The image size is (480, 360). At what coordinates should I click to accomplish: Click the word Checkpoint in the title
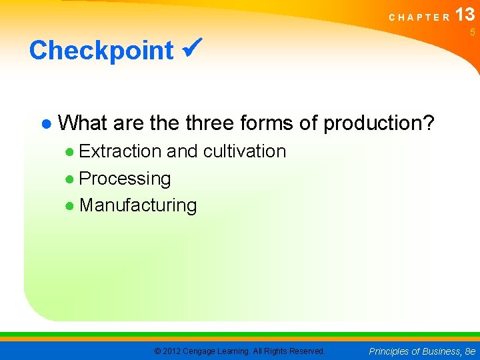101,51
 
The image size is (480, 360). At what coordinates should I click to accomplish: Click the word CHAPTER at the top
419,17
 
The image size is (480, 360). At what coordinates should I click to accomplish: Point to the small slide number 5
472,33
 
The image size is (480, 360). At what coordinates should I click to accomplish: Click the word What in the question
83,123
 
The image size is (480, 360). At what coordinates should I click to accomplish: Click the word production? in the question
379,123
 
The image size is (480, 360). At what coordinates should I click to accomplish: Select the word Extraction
120,151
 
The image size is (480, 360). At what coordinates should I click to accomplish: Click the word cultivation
245,151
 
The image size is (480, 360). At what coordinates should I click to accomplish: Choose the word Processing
125,179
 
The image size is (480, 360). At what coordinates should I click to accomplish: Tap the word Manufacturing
138,205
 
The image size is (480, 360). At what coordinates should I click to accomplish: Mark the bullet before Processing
70,179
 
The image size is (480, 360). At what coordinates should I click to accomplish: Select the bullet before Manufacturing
70,206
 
